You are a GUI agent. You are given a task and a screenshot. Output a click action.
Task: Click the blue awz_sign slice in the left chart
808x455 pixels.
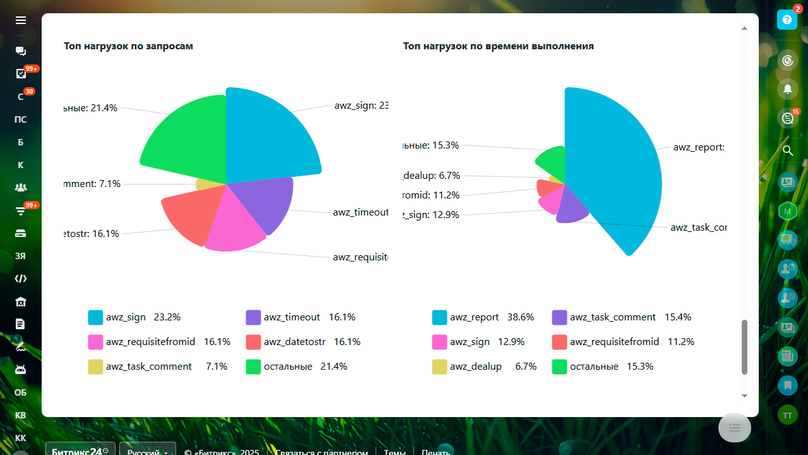pyautogui.click(x=268, y=136)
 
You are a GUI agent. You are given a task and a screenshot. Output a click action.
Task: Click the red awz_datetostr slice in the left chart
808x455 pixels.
pyautogui.click(x=189, y=215)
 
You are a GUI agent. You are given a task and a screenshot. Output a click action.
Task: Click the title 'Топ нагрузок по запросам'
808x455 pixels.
pyautogui.click(x=128, y=46)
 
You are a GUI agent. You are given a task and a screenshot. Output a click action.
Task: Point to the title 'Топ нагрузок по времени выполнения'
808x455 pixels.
pyautogui.click(x=498, y=46)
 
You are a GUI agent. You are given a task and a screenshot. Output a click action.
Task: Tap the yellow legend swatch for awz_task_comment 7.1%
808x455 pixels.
pyautogui.click(x=95, y=367)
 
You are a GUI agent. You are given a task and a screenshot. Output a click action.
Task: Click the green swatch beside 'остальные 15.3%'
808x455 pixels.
pyautogui.click(x=559, y=367)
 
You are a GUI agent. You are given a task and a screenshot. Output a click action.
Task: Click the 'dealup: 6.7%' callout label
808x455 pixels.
pyautogui.click(x=432, y=176)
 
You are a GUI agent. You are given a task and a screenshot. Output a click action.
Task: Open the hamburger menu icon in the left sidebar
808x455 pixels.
pyautogui.click(x=21, y=21)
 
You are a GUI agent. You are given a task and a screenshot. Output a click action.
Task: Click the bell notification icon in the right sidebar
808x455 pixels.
pyautogui.click(x=787, y=89)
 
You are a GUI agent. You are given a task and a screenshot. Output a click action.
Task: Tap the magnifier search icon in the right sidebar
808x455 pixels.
pyautogui.click(x=787, y=150)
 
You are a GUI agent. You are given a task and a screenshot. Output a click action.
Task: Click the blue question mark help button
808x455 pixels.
pyautogui.click(x=787, y=20)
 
